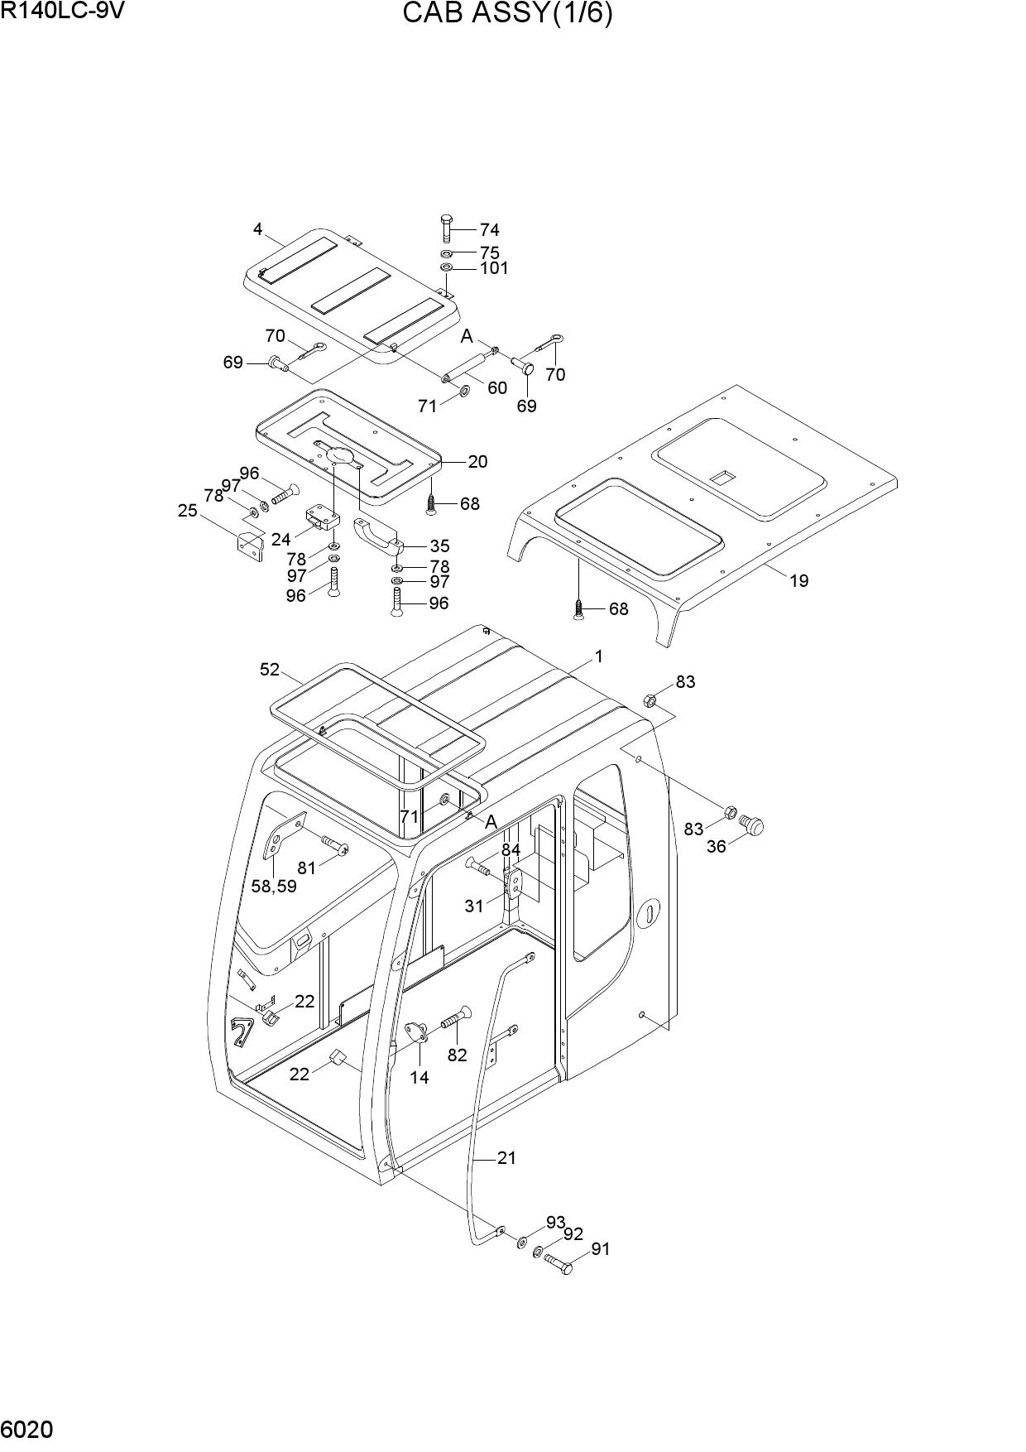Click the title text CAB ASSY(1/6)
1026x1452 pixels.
pyautogui.click(x=507, y=14)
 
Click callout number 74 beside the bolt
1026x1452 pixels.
pyautogui.click(x=490, y=230)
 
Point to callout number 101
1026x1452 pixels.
pyautogui.click(x=495, y=268)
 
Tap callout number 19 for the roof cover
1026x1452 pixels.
pyautogui.click(x=798, y=581)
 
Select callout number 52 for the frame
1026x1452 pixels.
pyautogui.click(x=270, y=670)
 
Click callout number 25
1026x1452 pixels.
pyautogui.click(x=188, y=511)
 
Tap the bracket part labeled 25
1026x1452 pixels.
pyautogui.click(x=250, y=546)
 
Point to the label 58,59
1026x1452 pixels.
pyautogui.click(x=274, y=886)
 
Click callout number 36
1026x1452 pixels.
pyautogui.click(x=717, y=847)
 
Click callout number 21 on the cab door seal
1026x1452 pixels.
pyautogui.click(x=506, y=1158)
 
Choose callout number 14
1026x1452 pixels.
pyautogui.click(x=420, y=1078)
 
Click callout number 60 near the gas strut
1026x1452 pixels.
pyautogui.click(x=497, y=388)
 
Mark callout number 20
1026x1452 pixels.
pyautogui.click(x=477, y=462)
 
